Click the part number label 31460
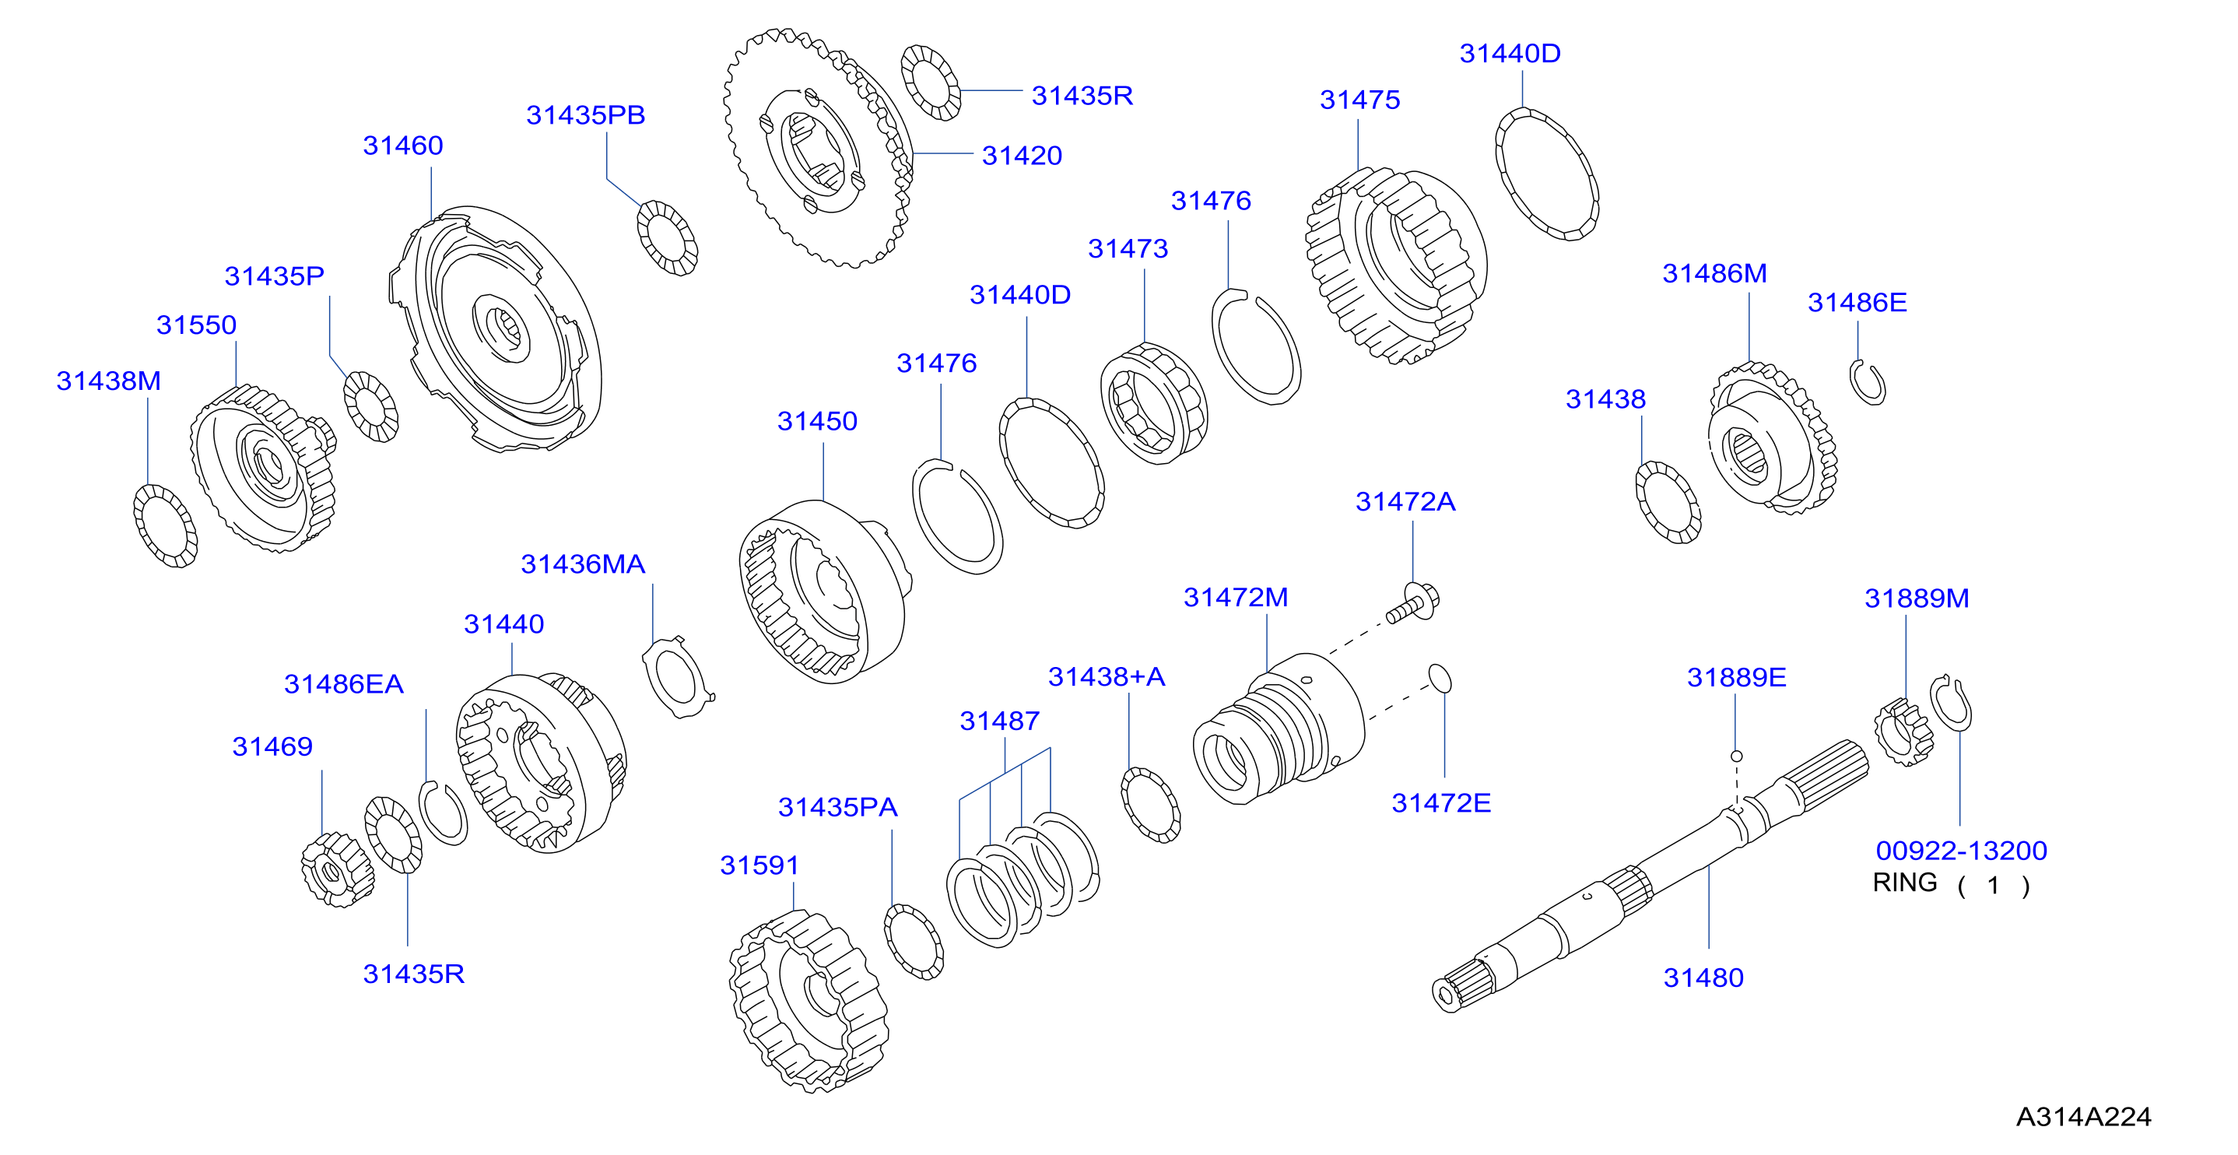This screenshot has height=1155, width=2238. click(403, 145)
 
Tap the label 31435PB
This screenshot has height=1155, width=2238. click(585, 114)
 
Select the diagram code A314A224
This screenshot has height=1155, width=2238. click(2083, 1117)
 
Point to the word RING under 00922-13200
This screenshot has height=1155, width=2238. click(1904, 882)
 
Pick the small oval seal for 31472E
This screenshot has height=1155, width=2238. click(1440, 679)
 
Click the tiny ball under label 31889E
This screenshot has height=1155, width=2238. click(1736, 756)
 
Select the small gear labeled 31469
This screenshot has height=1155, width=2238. click(337, 869)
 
